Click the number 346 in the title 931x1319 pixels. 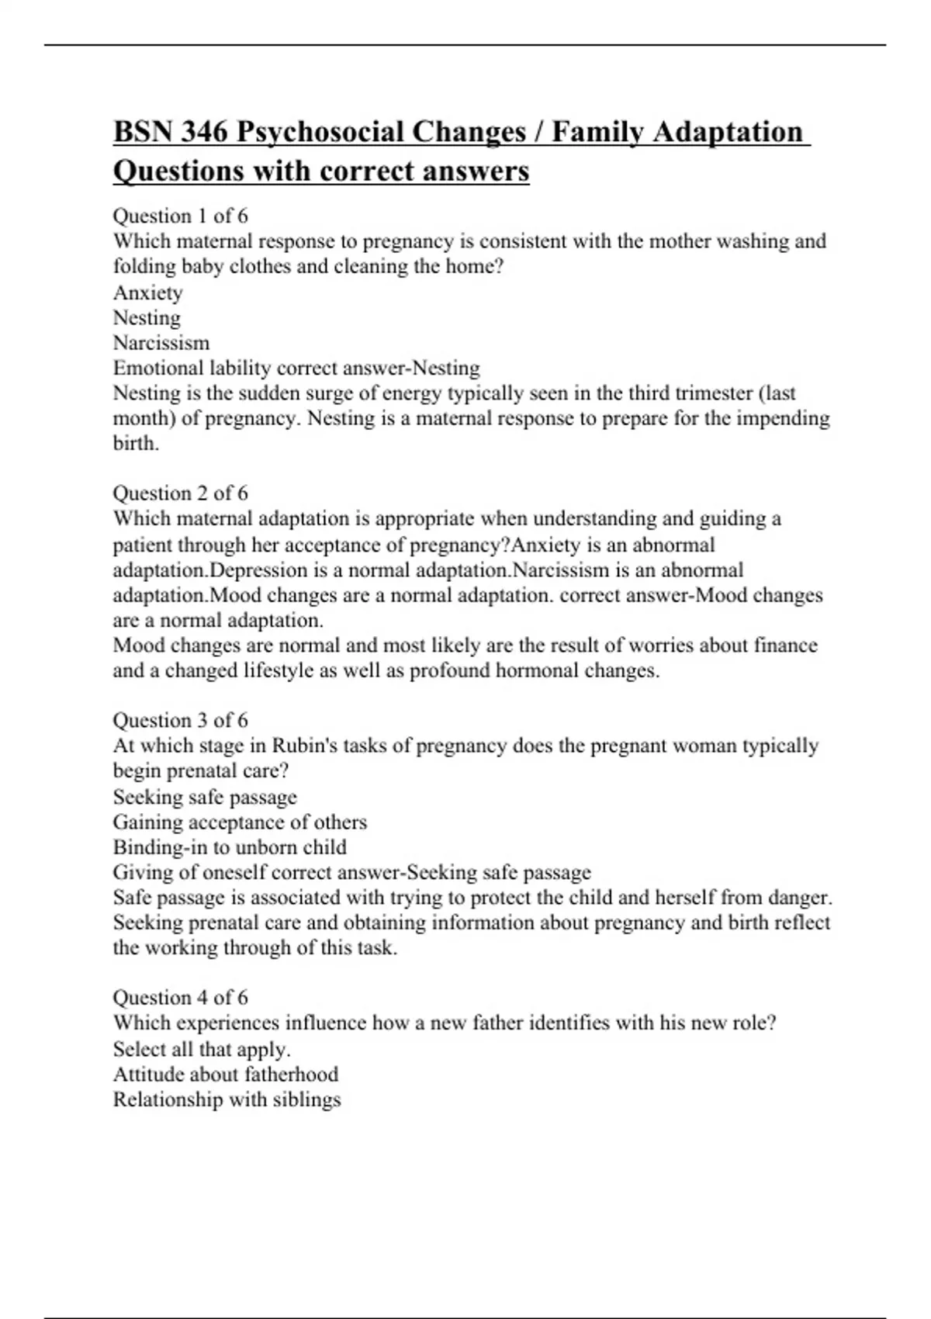tap(204, 132)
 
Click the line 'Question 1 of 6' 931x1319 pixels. tap(180, 216)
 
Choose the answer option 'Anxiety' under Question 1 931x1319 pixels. tap(147, 293)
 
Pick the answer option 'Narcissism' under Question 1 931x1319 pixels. tap(161, 343)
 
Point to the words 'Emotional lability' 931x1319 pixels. tap(192, 368)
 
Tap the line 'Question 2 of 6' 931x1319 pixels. tap(180, 493)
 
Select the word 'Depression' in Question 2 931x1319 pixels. tap(258, 570)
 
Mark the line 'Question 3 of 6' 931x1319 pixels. tap(180, 720)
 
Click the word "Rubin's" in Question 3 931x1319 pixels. tap(303, 746)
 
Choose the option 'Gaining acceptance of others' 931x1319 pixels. tap(240, 822)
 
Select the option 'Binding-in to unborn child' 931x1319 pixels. tap(230, 847)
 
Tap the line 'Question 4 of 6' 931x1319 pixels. tap(180, 997)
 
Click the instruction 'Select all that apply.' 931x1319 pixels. tap(202, 1049)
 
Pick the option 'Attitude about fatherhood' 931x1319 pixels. tap(226, 1075)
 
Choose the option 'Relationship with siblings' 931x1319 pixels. tap(227, 1099)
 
